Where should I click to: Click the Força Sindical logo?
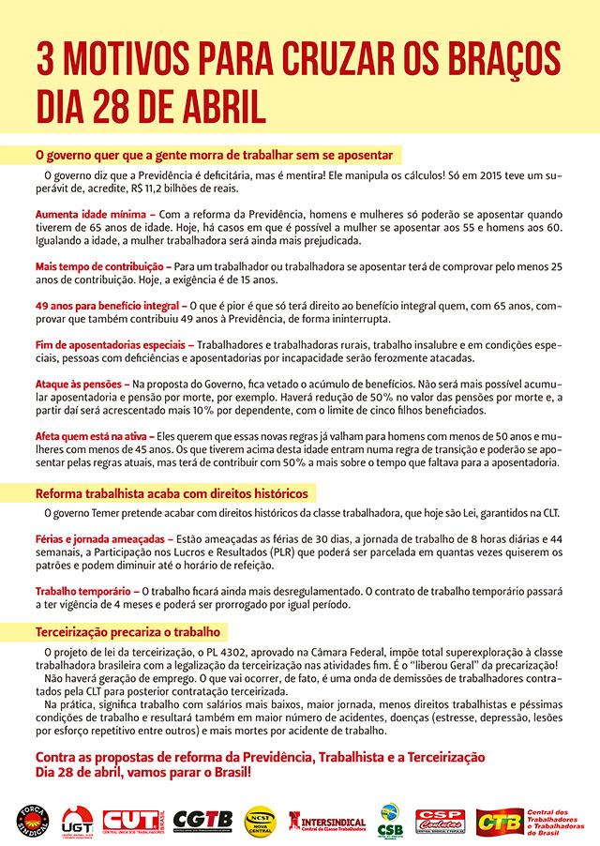[32, 820]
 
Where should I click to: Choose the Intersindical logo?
[327, 820]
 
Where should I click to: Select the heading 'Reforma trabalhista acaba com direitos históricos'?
[171, 493]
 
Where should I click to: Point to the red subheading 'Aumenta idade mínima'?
[88, 214]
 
